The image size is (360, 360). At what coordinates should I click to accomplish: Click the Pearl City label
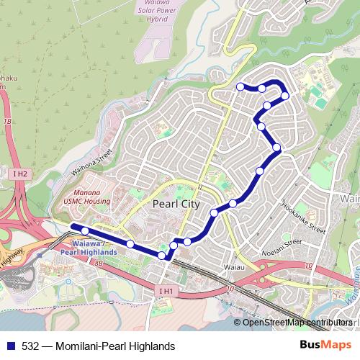click(176, 204)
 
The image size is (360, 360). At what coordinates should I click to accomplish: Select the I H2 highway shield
click(19, 174)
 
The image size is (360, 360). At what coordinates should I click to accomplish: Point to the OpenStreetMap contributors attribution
click(297, 323)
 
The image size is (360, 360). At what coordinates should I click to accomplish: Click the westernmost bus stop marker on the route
click(85, 231)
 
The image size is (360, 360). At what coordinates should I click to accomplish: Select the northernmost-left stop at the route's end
click(240, 86)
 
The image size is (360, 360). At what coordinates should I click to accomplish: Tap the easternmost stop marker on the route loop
click(285, 96)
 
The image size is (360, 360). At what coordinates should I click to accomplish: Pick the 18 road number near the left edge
click(7, 122)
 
